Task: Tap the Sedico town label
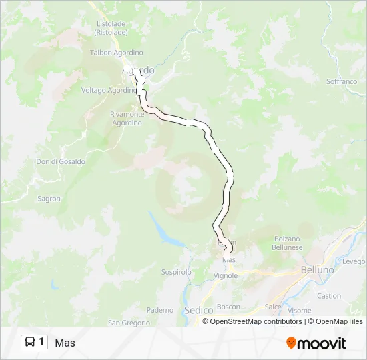[x=198, y=310]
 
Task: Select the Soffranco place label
[x=342, y=81]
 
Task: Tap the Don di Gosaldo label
[x=61, y=161]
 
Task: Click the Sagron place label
[x=49, y=199]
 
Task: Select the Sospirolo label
[x=176, y=272]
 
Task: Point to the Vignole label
[x=226, y=275]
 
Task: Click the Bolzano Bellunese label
[x=287, y=243]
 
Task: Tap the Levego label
[x=354, y=262]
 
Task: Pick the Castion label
[x=329, y=296]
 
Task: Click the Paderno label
[x=160, y=310]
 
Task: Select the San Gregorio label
[x=129, y=323]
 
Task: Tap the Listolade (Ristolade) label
[x=111, y=27]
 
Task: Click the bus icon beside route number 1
[x=30, y=343]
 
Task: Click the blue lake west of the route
[x=162, y=230]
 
